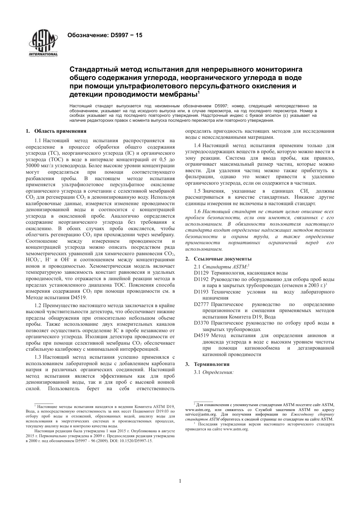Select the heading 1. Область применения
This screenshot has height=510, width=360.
(56, 131)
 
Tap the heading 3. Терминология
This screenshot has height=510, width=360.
(207, 364)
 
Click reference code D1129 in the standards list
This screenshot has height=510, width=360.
(201, 273)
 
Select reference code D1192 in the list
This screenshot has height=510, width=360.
(201, 279)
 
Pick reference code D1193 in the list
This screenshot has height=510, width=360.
(201, 292)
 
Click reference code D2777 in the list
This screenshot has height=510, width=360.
(201, 304)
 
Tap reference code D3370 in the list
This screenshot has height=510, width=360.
(201, 323)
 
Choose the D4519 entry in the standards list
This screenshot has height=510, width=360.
(201, 336)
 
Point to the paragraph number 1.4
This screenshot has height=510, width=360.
(197, 145)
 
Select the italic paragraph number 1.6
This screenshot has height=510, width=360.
(197, 211)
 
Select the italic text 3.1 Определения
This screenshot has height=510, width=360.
(214, 372)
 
